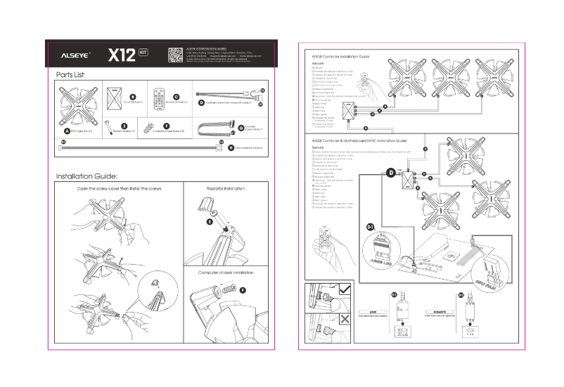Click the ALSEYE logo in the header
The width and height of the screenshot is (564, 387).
tap(72, 53)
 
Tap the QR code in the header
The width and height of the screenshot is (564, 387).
tap(176, 53)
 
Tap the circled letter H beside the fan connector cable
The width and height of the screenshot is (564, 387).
tap(231, 148)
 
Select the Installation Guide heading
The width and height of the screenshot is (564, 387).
tap(86, 176)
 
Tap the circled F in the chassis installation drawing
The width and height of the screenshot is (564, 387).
tap(243, 289)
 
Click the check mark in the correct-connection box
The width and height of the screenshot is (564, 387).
tap(345, 288)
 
